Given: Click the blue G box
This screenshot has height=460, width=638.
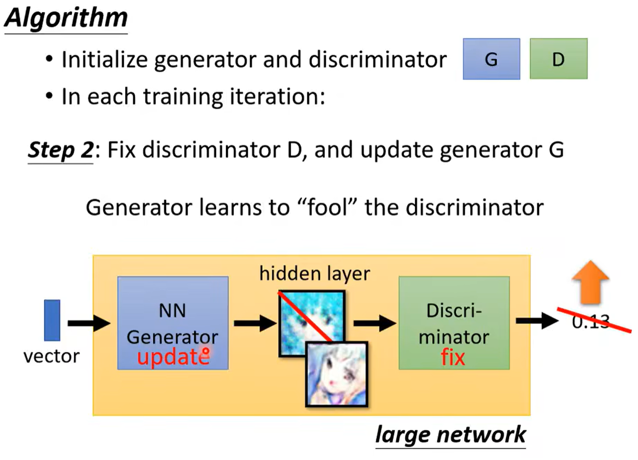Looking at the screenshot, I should pyautogui.click(x=491, y=59).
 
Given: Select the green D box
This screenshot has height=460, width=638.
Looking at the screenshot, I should pyautogui.click(x=558, y=59).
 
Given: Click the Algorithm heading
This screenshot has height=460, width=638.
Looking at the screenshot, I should pyautogui.click(x=66, y=18).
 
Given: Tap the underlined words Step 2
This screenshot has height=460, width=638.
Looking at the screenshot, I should pyautogui.click(x=60, y=150).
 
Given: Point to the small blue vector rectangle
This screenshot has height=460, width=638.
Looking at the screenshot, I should pyautogui.click(x=52, y=320).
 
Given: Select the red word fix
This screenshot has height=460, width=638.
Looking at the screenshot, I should pyautogui.click(x=453, y=358).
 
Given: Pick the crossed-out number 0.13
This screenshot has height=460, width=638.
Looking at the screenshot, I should pyautogui.click(x=590, y=321).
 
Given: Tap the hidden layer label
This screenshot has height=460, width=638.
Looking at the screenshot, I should pyautogui.click(x=314, y=274).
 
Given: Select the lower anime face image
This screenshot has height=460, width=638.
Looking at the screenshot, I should pyautogui.click(x=336, y=374).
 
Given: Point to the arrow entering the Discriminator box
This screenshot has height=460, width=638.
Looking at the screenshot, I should pyautogui.click(x=374, y=322).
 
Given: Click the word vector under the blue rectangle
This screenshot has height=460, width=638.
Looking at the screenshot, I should pyautogui.click(x=51, y=356).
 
